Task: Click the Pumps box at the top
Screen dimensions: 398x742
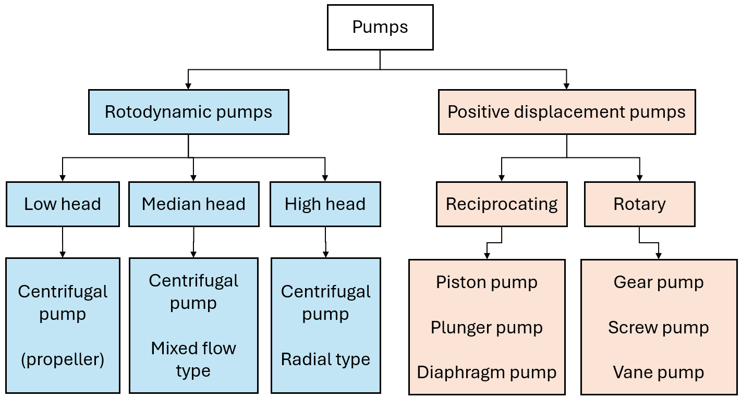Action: pos(380,27)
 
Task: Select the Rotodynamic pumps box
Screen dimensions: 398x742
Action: pos(188,112)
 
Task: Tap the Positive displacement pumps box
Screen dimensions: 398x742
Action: pos(566,112)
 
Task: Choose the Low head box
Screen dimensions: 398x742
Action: pos(63,204)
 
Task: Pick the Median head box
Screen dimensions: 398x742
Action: pos(193,204)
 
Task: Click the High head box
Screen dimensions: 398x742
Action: pos(325,204)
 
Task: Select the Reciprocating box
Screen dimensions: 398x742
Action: pos(502,204)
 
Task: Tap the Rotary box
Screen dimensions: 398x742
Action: pos(639,204)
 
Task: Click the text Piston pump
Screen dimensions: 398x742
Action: pos(486,282)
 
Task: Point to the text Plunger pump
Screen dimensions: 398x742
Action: pos(486,328)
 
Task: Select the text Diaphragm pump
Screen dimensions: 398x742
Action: pos(486,372)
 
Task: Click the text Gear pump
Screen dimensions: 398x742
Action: pos(658,282)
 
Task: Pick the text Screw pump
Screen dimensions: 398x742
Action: pos(658,328)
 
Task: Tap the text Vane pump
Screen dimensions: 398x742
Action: pos(658,372)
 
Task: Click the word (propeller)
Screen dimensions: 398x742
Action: pos(63,359)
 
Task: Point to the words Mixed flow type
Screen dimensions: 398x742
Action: pos(193,359)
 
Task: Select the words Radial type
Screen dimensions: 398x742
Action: pos(325,359)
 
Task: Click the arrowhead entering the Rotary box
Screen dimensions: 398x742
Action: pos(640,178)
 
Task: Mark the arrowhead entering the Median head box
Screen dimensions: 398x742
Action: pos(193,178)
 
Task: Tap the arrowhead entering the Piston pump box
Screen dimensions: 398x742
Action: pos(487,255)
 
